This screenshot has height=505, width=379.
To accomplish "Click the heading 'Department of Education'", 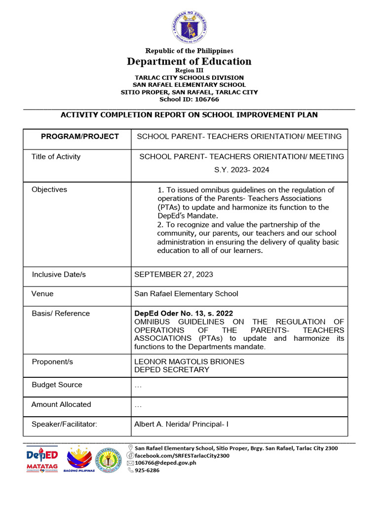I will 189,61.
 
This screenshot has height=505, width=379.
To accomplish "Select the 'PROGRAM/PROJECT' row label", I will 79,136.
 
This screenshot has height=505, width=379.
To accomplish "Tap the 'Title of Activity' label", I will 56,157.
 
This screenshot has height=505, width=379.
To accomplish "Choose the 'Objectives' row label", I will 49,189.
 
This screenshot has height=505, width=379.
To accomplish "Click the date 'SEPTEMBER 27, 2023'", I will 174,274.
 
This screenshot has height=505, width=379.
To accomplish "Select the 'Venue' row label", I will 42,294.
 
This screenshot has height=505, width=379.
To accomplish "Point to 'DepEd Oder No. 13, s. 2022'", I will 184,313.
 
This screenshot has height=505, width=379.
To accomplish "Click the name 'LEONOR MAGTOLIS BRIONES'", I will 189,361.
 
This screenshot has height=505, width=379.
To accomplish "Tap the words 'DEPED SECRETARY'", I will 172,369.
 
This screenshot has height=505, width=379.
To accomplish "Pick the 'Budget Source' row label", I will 57,385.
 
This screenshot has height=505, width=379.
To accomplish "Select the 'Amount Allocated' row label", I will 61,404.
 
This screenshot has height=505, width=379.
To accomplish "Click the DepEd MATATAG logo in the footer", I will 42,459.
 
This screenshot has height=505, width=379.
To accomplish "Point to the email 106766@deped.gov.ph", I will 165,463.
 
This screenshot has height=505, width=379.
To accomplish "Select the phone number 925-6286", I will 147,470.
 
